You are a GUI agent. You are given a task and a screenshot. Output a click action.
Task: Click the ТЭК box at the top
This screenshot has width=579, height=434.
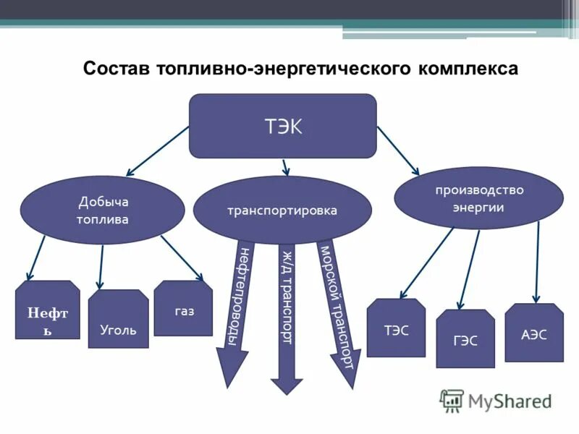tap(282, 126)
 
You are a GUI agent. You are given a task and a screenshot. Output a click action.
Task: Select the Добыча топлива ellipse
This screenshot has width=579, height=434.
tap(102, 210)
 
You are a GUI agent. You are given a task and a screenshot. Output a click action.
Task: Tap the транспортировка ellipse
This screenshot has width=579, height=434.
tap(282, 210)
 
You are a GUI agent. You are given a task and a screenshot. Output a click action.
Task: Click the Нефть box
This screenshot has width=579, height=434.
tap(48, 311)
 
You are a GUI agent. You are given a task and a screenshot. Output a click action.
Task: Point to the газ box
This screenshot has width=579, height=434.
tap(183, 309)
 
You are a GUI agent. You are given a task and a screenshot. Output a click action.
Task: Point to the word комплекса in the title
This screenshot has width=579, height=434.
tap(468, 69)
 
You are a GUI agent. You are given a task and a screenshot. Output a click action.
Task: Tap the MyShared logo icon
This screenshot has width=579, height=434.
tap(452, 401)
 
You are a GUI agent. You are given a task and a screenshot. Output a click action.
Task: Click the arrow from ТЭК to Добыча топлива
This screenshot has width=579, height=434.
tap(158, 150)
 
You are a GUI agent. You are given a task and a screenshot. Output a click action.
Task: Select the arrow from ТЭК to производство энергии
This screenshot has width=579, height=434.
tap(397, 150)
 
